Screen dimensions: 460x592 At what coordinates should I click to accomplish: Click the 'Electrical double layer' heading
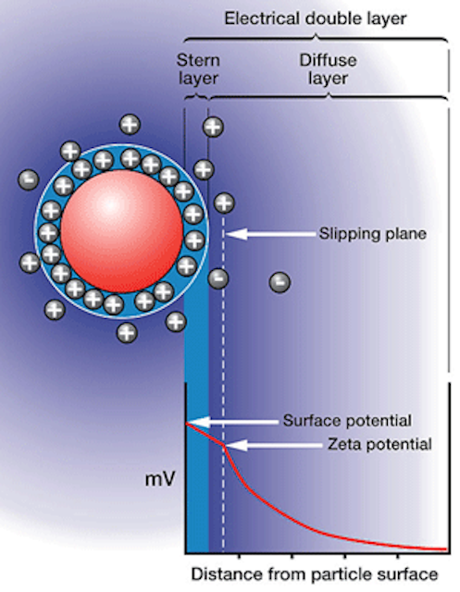tap(316, 18)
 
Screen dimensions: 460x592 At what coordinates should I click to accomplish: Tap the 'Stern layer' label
tap(198, 69)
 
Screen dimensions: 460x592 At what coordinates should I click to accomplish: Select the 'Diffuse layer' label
tap(328, 69)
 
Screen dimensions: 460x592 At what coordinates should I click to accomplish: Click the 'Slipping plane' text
tap(373, 234)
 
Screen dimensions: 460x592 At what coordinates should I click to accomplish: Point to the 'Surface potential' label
tap(347, 421)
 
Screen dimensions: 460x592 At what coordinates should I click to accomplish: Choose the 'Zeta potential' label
tap(379, 444)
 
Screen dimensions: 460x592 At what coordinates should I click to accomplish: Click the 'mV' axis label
tap(160, 479)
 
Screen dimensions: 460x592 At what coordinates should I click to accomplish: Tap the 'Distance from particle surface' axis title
tap(315, 574)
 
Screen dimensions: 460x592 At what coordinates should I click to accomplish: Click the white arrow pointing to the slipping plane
tap(271, 234)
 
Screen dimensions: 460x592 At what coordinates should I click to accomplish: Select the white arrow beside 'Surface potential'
tap(233, 422)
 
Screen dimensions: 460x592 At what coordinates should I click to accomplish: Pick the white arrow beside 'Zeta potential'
tap(275, 446)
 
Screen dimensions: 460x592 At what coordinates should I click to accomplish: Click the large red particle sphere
tap(121, 231)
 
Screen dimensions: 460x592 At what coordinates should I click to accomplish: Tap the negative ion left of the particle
tap(29, 179)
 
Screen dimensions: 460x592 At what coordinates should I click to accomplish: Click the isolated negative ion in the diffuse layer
tap(280, 282)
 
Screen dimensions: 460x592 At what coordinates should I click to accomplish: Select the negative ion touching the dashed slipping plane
tap(218, 278)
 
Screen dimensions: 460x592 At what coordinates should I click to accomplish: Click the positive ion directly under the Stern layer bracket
tap(213, 127)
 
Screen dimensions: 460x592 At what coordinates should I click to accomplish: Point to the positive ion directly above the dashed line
tap(224, 203)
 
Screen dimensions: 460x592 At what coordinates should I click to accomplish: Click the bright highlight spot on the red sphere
tap(109, 205)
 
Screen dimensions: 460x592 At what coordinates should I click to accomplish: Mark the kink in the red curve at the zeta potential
tap(224, 445)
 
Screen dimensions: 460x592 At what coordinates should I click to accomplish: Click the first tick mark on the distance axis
tap(239, 556)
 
